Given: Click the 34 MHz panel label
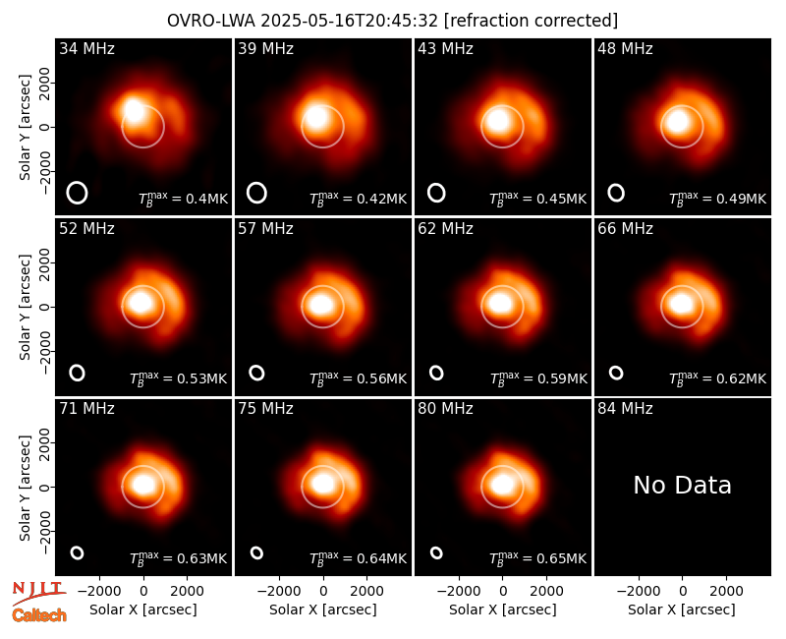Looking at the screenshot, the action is tap(86, 48).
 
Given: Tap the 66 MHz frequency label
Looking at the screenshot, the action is tap(625, 229).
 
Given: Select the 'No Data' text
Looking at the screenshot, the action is tap(682, 485).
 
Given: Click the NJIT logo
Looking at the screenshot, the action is tap(39, 592).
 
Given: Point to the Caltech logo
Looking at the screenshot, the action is tap(39, 615).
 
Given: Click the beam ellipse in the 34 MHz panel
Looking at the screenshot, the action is tap(78, 193).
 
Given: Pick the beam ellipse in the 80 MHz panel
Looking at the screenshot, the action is tap(436, 552).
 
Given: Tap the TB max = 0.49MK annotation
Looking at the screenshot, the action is tap(718, 199).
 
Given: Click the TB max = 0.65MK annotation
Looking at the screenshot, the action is tap(537, 558).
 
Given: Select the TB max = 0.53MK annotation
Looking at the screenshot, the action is tap(179, 378).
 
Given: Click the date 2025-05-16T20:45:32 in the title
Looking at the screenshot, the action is tap(350, 21).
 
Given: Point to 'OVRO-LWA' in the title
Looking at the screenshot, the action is tap(211, 21).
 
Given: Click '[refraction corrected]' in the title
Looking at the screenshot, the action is tap(531, 21).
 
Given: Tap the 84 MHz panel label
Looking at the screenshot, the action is tap(625, 409).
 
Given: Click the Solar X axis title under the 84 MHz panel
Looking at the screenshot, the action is tap(682, 610).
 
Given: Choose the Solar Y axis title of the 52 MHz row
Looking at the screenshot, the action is tap(26, 307).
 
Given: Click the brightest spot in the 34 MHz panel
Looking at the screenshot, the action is tap(134, 110).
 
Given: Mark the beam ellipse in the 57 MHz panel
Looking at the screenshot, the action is tap(256, 373).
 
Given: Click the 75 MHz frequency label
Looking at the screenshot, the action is tap(265, 409).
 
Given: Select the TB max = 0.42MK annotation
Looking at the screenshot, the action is tap(358, 199).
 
